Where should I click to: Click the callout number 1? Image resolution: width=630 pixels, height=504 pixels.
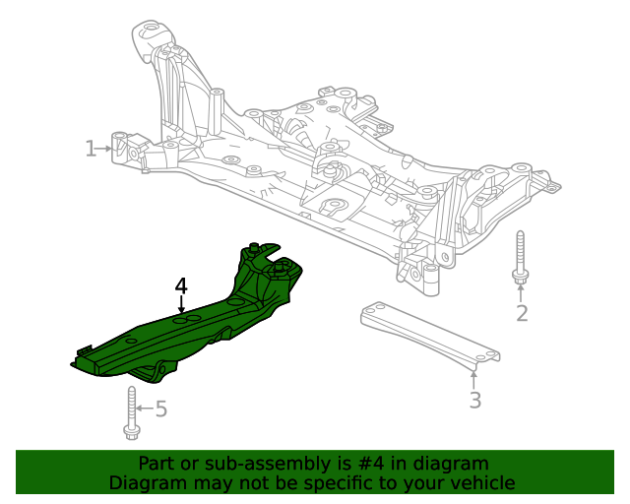pos(91,149)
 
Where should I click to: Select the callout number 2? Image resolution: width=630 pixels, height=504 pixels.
pos(522,313)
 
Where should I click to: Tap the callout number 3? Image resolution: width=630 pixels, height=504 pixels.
pos(474,400)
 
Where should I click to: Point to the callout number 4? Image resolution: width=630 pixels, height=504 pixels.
pos(181,285)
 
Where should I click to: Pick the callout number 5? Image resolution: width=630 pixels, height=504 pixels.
pos(161,408)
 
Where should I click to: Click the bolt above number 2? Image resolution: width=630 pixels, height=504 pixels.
pos(519,260)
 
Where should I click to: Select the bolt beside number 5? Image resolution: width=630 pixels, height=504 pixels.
pos(130,412)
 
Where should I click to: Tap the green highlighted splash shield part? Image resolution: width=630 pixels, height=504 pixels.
pos(197,325)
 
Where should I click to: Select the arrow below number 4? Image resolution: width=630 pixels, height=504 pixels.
pos(181,305)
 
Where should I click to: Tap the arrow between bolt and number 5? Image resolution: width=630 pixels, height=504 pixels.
pos(144,408)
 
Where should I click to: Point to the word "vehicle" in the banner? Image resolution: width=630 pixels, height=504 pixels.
pos(482,483)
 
